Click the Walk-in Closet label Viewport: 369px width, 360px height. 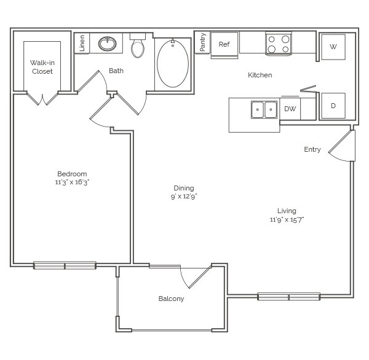point(42,67)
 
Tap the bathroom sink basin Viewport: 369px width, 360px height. point(107,44)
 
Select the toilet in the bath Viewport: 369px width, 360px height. point(138,45)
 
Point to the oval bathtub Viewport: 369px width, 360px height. point(173,63)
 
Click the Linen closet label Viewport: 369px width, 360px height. point(82,43)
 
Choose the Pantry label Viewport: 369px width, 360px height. point(202,42)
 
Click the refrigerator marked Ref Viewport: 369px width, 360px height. point(224,45)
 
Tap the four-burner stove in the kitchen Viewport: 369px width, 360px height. point(279,44)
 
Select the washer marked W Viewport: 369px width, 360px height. point(333,47)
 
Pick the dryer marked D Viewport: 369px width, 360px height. point(333,106)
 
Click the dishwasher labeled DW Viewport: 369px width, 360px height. point(290,109)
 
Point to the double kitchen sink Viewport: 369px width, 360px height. point(264,109)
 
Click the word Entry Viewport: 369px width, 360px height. point(312,149)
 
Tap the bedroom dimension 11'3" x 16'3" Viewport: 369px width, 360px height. point(72,182)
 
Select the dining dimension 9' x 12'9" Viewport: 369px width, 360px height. point(184,197)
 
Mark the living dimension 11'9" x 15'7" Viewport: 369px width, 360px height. point(287,219)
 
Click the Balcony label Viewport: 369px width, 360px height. point(171,299)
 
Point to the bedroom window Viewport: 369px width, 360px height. point(65,265)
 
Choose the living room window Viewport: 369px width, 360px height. point(289,297)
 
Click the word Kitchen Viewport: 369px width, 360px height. point(260,75)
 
